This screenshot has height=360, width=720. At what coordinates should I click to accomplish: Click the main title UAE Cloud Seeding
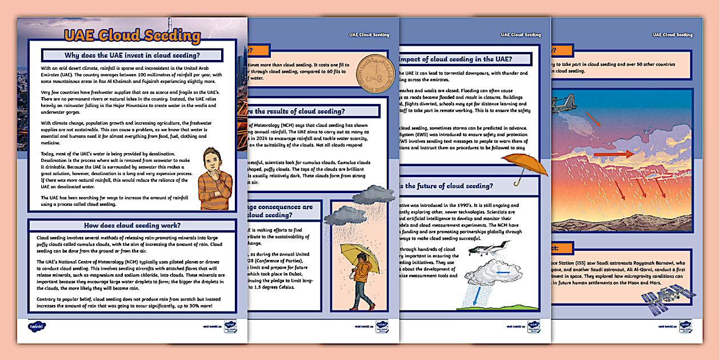132,36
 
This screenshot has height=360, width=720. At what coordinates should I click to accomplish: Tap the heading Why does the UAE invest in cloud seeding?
132,55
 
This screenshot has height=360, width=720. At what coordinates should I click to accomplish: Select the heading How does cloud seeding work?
132,225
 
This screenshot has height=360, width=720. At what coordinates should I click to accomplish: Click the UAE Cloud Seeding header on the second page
369,35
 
